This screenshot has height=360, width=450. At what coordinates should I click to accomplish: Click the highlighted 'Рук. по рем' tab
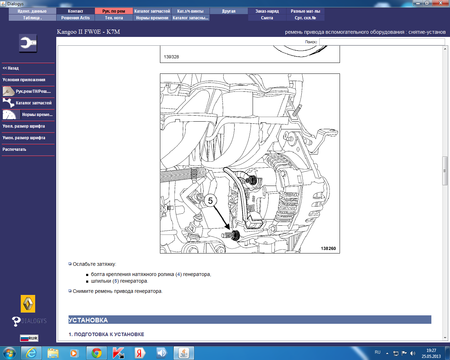114,11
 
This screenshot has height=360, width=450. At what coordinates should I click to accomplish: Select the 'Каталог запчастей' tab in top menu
152,11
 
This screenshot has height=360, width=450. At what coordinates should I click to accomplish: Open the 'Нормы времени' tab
152,18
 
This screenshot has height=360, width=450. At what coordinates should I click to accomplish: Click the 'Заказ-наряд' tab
267,11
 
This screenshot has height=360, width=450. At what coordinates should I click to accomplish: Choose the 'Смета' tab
267,18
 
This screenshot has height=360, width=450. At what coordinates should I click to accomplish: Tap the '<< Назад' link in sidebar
11,68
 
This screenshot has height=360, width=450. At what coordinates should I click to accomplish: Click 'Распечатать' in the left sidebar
14,149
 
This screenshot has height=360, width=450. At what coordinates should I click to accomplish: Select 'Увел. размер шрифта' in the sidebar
24,126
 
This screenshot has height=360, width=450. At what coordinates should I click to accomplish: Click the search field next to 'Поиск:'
382,42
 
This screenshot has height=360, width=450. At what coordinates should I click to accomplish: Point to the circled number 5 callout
210,201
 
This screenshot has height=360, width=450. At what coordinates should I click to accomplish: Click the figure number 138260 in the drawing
328,249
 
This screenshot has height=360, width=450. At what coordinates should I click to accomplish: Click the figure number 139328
171,57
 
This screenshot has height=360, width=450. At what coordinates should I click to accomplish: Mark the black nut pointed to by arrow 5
236,235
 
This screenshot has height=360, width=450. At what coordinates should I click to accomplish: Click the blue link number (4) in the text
178,274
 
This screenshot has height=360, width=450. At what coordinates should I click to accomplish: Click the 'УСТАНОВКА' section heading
88,320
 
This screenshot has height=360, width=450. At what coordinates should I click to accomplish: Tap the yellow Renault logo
28,304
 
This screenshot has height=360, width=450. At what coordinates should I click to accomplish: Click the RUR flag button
29,338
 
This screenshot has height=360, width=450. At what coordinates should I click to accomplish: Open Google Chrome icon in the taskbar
97,353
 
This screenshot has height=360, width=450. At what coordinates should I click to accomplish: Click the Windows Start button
9,353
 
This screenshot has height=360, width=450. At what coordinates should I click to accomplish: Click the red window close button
441,3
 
